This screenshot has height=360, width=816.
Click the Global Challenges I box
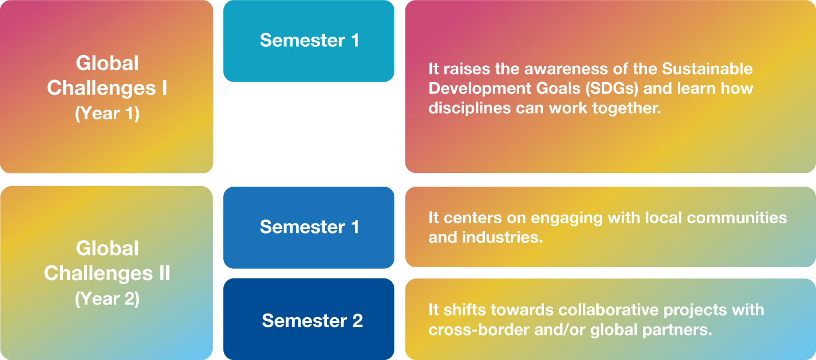(x=107, y=87)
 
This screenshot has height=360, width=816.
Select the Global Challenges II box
(x=107, y=273)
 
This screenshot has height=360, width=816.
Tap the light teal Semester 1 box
(x=309, y=41)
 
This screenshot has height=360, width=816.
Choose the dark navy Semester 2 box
(x=309, y=319)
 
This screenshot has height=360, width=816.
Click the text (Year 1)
(x=107, y=114)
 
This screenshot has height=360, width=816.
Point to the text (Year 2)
(x=107, y=299)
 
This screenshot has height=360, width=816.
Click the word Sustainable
(x=707, y=69)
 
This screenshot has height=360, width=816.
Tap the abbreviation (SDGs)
(x=612, y=89)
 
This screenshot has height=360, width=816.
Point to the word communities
(x=737, y=218)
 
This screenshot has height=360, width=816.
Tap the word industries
(x=502, y=237)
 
